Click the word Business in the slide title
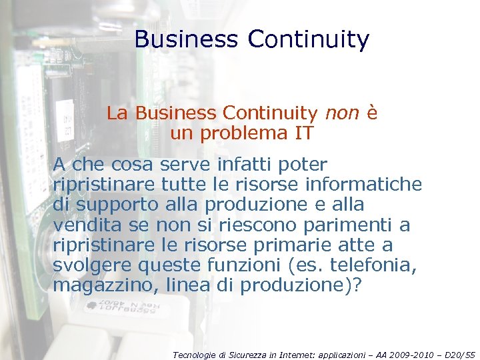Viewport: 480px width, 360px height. pos(185,39)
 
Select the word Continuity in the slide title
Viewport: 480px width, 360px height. pos(308,39)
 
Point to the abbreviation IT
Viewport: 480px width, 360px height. pos(303,133)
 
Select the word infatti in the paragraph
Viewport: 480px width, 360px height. pos(253,164)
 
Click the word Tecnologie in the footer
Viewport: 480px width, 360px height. pos(193,355)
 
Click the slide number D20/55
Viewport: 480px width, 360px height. pos(460,355)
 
